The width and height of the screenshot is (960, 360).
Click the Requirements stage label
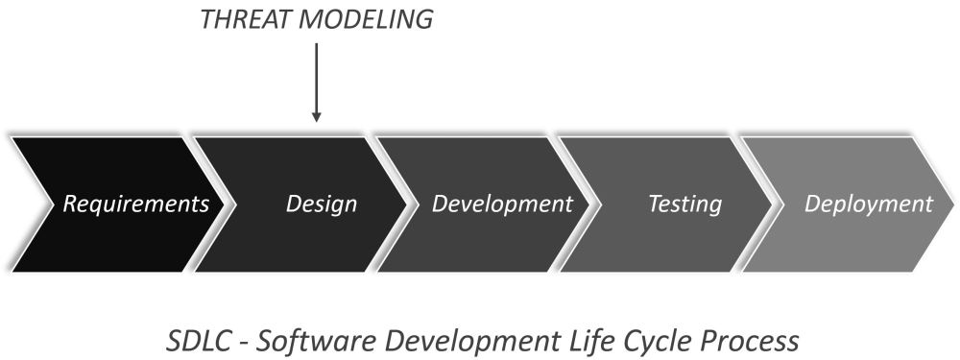click(135, 204)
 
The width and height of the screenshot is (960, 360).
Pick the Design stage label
click(322, 204)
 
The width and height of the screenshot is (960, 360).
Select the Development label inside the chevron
click(502, 204)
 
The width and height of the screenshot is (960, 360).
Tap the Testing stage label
click(684, 204)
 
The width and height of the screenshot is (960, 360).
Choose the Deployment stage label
click(868, 204)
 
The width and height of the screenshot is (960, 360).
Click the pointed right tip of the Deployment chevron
click(952, 204)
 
